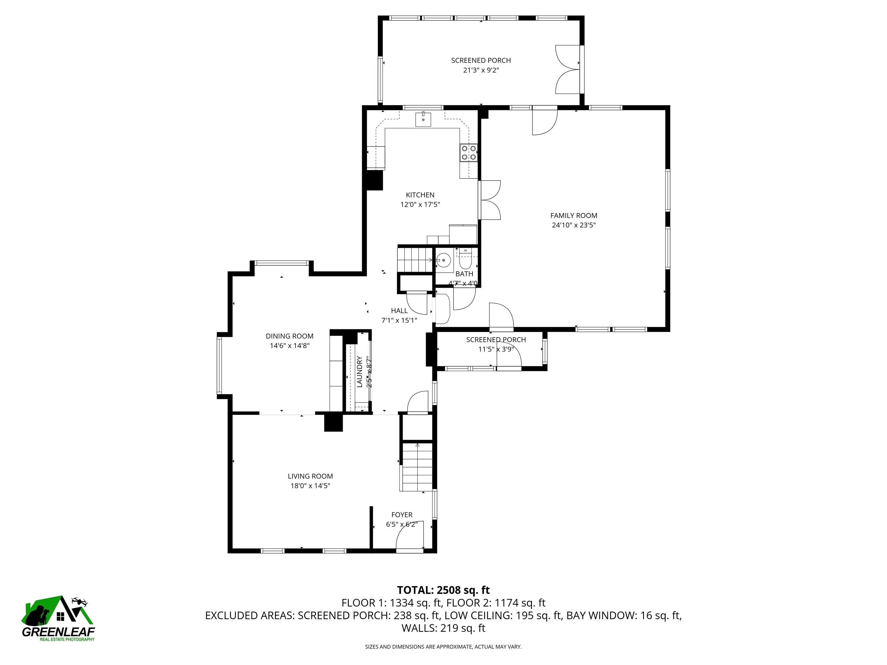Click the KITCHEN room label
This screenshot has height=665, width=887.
[420, 195]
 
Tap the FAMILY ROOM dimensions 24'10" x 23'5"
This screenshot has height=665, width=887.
[573, 225]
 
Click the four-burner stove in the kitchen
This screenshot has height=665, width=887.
[468, 153]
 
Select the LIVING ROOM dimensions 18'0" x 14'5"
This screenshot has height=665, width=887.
[310, 486]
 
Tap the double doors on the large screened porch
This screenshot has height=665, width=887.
[567, 70]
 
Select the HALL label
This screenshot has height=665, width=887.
[399, 311]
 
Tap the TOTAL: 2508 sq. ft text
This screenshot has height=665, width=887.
[443, 590]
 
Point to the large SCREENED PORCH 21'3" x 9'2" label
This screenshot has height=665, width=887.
[481, 65]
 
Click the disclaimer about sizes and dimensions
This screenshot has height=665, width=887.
[443, 647]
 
